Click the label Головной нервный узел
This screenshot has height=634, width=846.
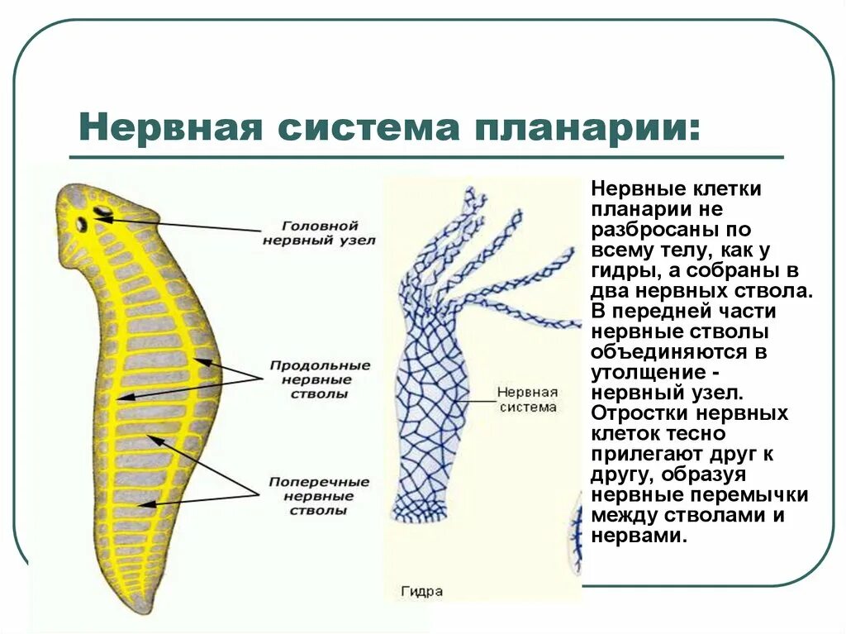point(319,232)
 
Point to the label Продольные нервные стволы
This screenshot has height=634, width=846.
point(309,379)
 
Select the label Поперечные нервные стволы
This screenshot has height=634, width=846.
point(310,495)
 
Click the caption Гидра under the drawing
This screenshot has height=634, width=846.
point(421,592)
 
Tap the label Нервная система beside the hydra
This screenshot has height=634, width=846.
point(528,399)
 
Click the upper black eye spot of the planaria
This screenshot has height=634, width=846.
point(103,212)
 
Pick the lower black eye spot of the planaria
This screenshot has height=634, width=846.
point(83,223)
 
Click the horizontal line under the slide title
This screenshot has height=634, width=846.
point(425,156)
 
